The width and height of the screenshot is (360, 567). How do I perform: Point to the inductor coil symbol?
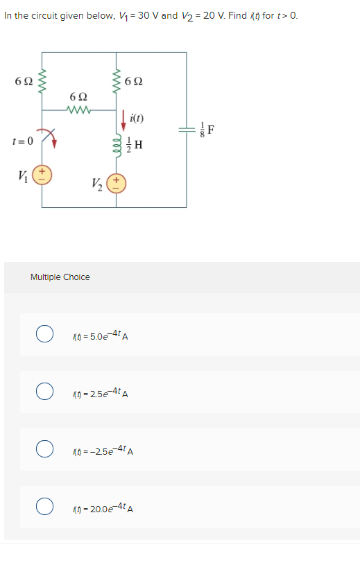pyautogui.click(x=117, y=143)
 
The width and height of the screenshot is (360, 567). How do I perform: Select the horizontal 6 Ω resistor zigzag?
pyautogui.click(x=78, y=109)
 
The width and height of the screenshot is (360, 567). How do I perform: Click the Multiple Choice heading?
pyautogui.click(x=60, y=277)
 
